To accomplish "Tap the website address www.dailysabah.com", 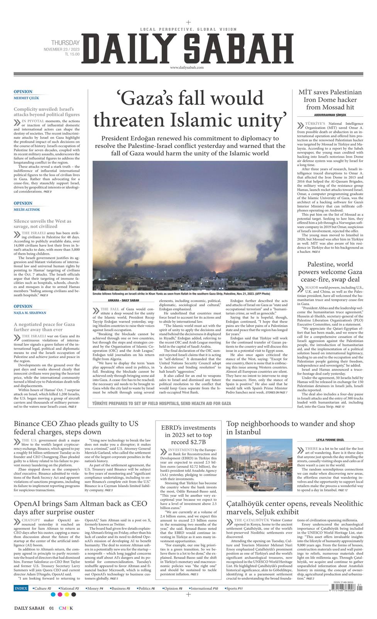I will coord(187,67).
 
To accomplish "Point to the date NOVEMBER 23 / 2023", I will coord(61,49).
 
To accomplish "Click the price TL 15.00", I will coord(72,54).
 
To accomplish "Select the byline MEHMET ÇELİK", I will coord(27,98).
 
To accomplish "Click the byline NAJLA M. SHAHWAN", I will coord(30,313).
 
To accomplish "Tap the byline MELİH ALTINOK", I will coord(27,210).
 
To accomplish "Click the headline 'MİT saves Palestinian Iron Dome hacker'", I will coord(330,100).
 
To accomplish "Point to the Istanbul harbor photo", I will coord(260,464).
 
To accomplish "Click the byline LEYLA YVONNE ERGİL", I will coord(330,440).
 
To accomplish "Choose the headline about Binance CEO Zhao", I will coord(76,427).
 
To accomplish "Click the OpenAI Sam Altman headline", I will coord(80,508).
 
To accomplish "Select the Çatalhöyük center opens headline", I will coord(294,508).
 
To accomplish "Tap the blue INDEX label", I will coord(20,589).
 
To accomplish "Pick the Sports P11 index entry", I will coord(234,589).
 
